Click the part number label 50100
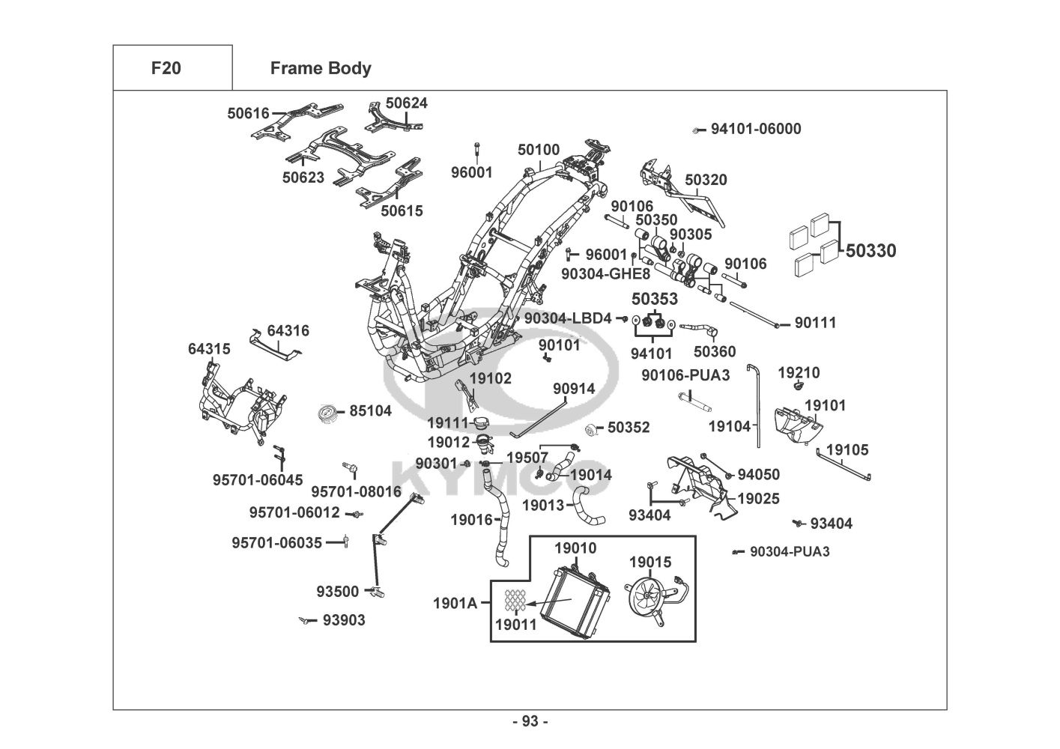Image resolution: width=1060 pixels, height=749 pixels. (x=538, y=150)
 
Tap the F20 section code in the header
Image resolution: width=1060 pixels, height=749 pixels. (x=166, y=68)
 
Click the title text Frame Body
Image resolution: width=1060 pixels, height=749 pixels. (x=321, y=68)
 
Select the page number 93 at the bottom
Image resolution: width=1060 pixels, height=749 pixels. (x=530, y=721)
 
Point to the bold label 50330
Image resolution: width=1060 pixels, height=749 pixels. (x=870, y=251)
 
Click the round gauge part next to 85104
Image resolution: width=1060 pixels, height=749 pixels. (x=328, y=412)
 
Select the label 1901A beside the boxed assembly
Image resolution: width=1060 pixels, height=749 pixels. (x=455, y=602)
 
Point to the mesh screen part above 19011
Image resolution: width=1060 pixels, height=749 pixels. (x=514, y=599)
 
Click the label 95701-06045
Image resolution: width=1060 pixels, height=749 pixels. (x=258, y=479)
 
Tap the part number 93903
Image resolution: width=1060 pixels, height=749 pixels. (x=344, y=620)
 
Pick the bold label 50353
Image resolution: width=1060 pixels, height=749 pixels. (x=655, y=299)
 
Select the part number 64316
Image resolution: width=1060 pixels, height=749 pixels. (x=288, y=330)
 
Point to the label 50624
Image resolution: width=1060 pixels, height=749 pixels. (x=407, y=103)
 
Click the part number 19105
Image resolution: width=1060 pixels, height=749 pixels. (x=847, y=450)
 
